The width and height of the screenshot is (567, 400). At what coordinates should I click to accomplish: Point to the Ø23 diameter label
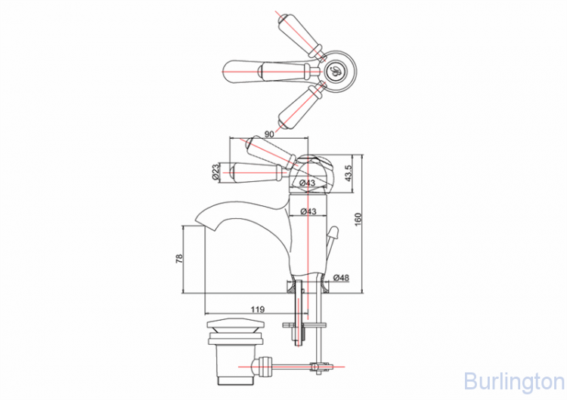(x=215, y=173)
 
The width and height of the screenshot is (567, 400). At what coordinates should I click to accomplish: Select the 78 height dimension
(x=179, y=259)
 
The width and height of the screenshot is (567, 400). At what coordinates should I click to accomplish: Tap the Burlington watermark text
(x=512, y=377)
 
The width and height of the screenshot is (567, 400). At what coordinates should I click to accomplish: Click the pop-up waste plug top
(x=225, y=326)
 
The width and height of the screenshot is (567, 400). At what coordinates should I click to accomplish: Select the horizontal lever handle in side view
(x=257, y=171)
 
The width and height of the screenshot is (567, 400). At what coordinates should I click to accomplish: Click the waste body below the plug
(x=225, y=358)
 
